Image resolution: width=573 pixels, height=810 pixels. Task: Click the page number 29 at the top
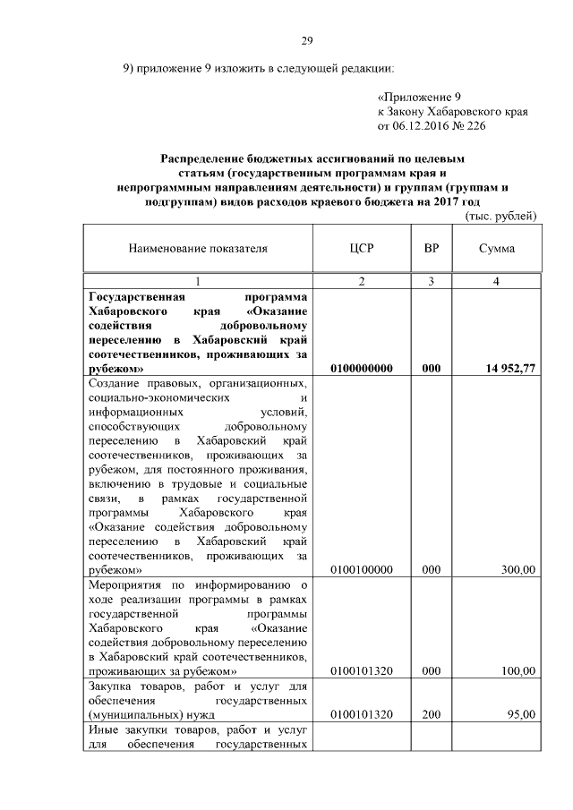tap(305, 40)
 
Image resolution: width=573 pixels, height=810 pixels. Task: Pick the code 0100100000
tap(361, 569)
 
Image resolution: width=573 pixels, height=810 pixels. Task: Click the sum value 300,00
tap(518, 569)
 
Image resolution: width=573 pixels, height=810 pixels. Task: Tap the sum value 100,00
tap(518, 670)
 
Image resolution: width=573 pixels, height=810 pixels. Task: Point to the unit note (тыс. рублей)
tap(500, 216)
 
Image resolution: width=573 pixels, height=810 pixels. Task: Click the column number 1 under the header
tap(198, 282)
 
